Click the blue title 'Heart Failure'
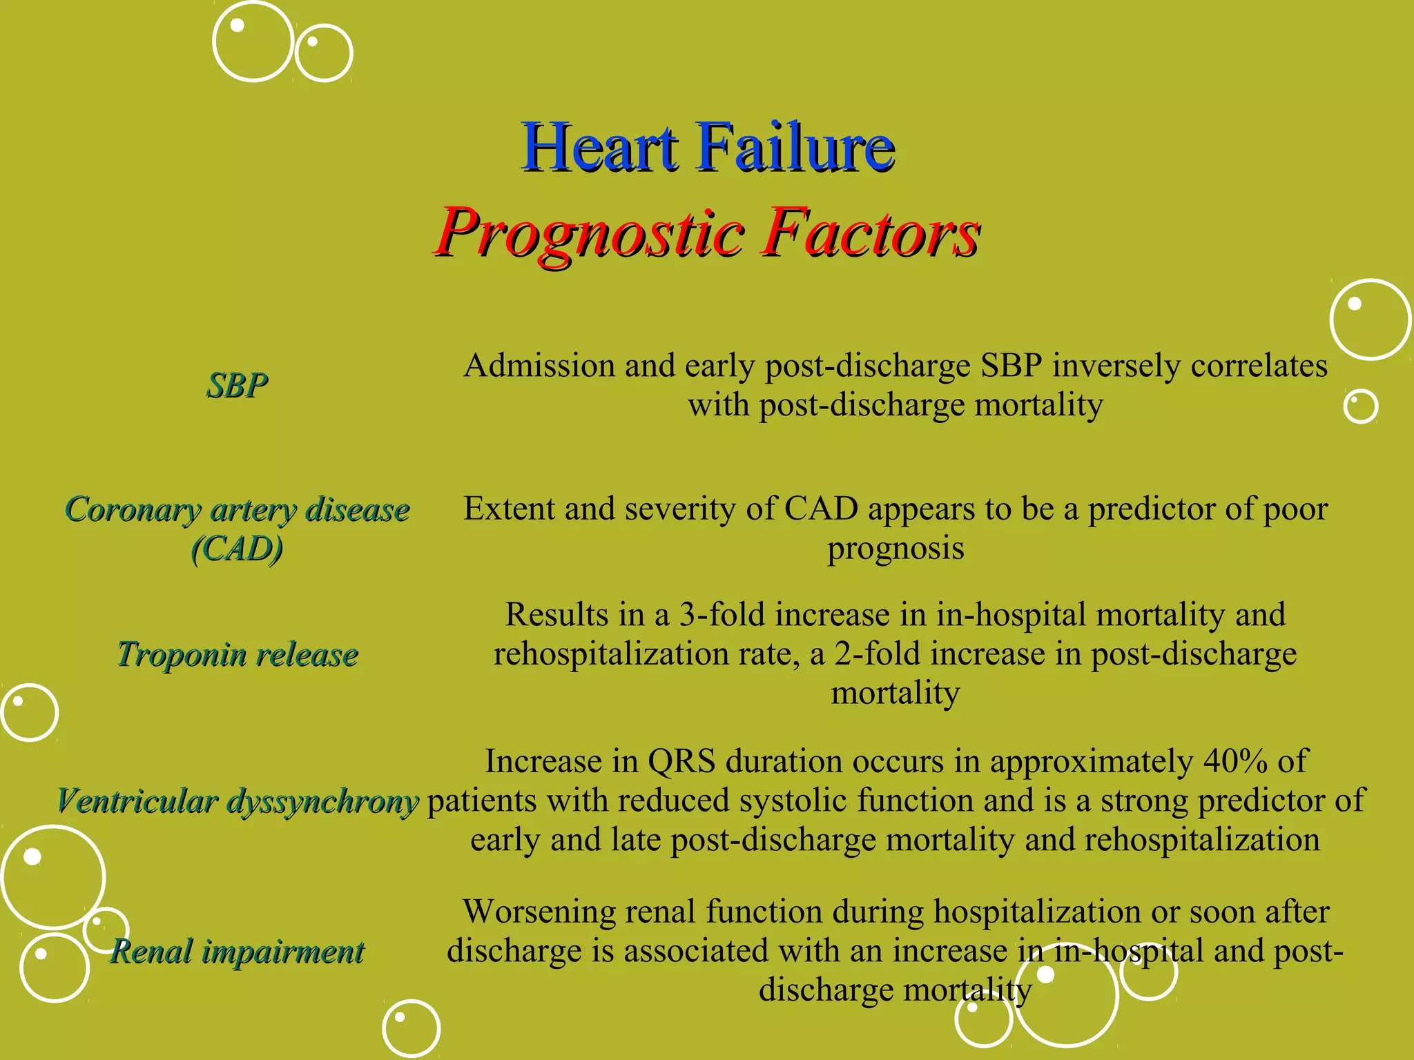click(708, 147)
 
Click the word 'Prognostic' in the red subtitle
click(590, 233)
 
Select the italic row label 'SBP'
click(237, 385)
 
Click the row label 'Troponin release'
click(238, 654)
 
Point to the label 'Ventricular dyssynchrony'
click(238, 801)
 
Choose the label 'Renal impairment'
click(238, 952)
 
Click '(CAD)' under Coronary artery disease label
click(238, 549)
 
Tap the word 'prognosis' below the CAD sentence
click(895, 549)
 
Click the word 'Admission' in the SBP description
click(539, 366)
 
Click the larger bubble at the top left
click(253, 41)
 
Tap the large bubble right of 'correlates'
click(1370, 320)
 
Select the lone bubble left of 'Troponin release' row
click(29, 712)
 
